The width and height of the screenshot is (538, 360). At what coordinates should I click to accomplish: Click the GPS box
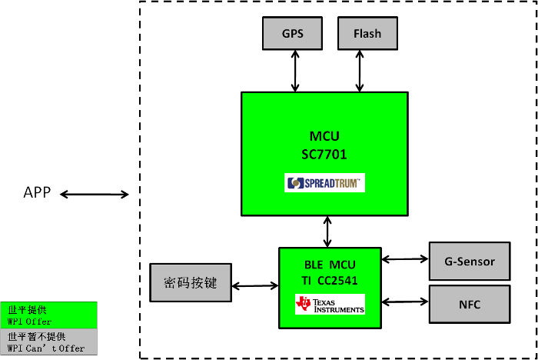pyautogui.click(x=292, y=34)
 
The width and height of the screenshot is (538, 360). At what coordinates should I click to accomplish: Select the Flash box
pyautogui.click(x=367, y=34)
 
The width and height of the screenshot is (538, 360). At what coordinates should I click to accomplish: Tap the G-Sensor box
pyautogui.click(x=469, y=262)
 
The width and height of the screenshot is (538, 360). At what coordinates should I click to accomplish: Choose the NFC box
pyautogui.click(x=469, y=305)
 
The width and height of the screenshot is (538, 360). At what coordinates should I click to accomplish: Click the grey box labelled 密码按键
pyautogui.click(x=190, y=282)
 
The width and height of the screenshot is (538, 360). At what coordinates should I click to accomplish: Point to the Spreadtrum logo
pyautogui.click(x=324, y=183)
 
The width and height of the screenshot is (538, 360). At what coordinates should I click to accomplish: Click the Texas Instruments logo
pyautogui.click(x=330, y=304)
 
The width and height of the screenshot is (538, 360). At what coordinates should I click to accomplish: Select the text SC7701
pyautogui.click(x=324, y=154)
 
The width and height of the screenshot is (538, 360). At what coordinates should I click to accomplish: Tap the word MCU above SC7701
pyautogui.click(x=324, y=136)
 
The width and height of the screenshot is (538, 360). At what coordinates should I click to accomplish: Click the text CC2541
pyautogui.click(x=340, y=281)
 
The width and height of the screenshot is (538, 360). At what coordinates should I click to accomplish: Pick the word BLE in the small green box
pyautogui.click(x=304, y=264)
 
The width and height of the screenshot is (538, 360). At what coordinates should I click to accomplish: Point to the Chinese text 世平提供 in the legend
pyautogui.click(x=27, y=309)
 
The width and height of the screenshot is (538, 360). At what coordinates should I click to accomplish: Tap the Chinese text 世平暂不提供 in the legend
pyautogui.click(x=37, y=337)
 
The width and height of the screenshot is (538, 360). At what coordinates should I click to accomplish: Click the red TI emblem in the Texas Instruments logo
pyautogui.click(x=304, y=304)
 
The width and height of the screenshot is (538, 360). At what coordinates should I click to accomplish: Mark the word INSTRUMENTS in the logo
pyautogui.click(x=338, y=309)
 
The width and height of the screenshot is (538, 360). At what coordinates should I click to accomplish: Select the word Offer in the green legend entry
pyautogui.click(x=39, y=322)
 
